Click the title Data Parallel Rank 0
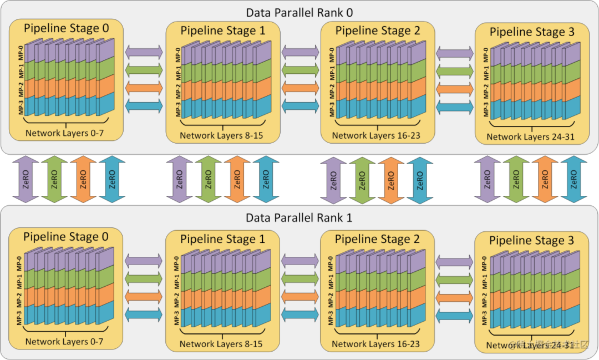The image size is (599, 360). point(299,12)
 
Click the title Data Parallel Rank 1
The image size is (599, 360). point(299,218)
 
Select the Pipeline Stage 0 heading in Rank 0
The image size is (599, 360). point(66,27)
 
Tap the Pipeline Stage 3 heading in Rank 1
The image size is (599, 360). point(531,240)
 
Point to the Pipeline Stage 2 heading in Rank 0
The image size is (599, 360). point(378,31)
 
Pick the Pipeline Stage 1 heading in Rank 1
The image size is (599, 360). point(223,239)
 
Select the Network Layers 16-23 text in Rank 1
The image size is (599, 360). point(375,344)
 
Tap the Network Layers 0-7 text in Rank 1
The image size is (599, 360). point(64,341)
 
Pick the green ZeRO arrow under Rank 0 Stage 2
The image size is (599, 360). point(362,180)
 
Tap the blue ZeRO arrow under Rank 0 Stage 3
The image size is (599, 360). point(573,179)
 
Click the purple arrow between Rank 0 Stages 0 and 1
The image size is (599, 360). point(144,52)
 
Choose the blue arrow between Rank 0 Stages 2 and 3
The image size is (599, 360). point(455,107)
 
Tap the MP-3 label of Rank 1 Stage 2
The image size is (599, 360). point(331,317)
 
